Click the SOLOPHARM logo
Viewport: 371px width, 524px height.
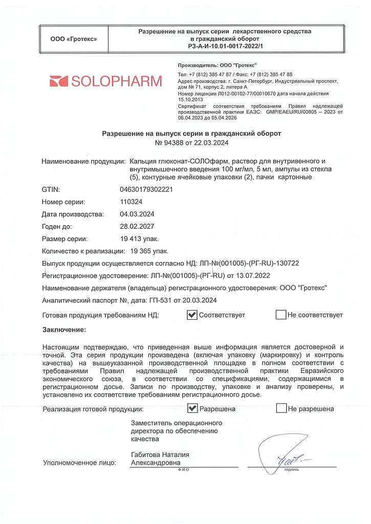click(105, 81)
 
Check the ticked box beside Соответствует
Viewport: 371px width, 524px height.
click(192, 315)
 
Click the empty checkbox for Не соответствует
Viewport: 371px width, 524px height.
click(280, 315)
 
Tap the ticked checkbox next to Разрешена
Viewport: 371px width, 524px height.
click(192, 408)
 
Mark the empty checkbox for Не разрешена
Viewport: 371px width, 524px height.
click(281, 408)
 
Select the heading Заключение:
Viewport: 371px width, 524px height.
click(64, 330)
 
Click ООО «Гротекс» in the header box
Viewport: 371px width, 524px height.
click(73, 39)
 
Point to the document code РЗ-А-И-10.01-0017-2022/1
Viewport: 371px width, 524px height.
click(225, 46)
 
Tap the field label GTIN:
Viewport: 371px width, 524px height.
click(51, 189)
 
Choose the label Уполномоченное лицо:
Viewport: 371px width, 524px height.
click(79, 463)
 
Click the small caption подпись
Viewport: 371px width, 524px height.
click(292, 469)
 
